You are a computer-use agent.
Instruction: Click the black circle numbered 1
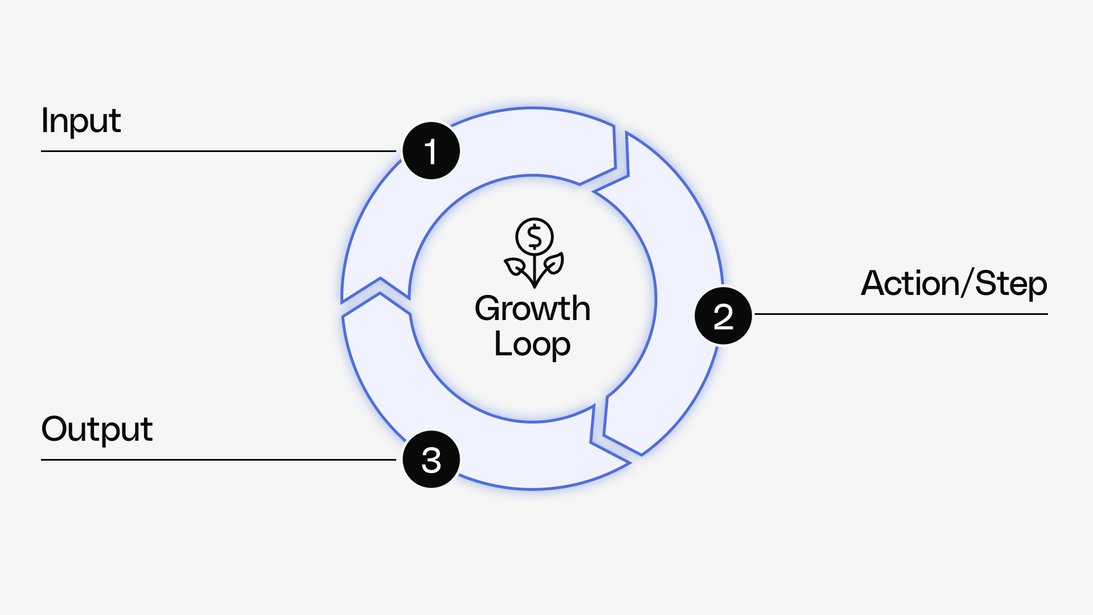(x=431, y=151)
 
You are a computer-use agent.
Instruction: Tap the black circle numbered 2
(x=723, y=316)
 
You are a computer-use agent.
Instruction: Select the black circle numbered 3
(x=431, y=460)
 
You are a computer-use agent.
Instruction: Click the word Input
(x=81, y=121)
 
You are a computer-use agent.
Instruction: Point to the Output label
(x=97, y=429)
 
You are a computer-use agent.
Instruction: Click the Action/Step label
(x=954, y=284)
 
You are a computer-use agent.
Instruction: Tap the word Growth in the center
(x=532, y=309)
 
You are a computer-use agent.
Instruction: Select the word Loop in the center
(x=532, y=344)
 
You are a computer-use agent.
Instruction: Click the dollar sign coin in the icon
(x=534, y=237)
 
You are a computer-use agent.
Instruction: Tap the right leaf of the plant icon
(x=553, y=264)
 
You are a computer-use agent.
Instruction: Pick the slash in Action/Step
(x=967, y=283)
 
